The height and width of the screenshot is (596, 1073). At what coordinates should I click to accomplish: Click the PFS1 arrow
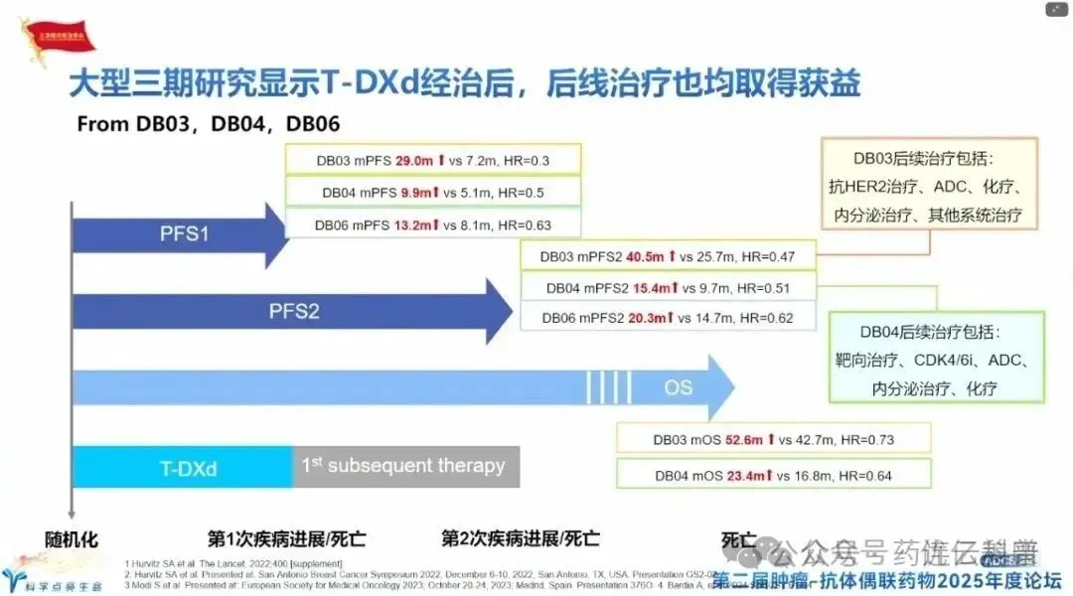[184, 235]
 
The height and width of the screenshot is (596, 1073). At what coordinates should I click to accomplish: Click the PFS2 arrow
[294, 311]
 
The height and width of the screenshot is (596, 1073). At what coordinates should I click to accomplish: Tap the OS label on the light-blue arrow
[679, 387]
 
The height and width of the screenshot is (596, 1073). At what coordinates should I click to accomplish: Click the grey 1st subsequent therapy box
[405, 466]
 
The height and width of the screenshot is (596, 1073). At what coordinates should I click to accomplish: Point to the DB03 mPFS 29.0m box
[433, 160]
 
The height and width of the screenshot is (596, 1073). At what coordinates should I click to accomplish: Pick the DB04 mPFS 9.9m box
[433, 193]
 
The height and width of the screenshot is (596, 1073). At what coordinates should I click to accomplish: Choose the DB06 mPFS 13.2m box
[433, 224]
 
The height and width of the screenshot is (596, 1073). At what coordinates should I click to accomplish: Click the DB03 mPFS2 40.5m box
[667, 256]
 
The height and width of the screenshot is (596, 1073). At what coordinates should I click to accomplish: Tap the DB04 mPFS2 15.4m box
[667, 288]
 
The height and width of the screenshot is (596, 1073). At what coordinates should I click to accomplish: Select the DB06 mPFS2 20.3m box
[667, 319]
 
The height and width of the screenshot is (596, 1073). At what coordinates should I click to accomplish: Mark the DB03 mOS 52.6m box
[773, 438]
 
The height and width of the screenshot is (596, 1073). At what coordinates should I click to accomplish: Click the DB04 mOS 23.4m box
[773, 476]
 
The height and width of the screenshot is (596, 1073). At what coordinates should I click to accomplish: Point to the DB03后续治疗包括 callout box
[930, 186]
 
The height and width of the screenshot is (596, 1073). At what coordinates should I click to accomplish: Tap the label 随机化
[73, 539]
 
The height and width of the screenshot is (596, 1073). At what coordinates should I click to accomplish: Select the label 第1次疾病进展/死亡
[287, 539]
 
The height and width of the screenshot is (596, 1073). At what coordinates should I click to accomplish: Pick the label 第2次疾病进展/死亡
[521, 539]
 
